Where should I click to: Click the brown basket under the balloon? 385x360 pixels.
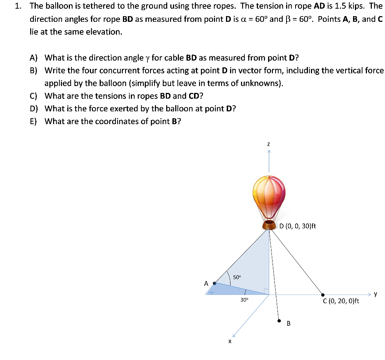click(x=269, y=225)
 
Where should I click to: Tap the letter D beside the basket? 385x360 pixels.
click(x=281, y=226)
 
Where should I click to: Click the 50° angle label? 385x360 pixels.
click(x=236, y=277)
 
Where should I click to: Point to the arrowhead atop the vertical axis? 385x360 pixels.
click(x=269, y=151)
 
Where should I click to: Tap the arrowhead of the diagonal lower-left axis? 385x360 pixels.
click(x=234, y=335)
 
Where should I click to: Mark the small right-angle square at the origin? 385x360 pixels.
click(x=267, y=291)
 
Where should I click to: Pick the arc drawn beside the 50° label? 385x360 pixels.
click(x=228, y=276)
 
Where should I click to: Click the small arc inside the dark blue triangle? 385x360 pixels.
click(x=245, y=292)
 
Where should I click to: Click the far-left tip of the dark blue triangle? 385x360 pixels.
click(x=206, y=295)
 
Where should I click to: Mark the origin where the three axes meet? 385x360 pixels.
click(x=269, y=295)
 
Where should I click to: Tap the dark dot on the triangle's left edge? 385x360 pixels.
click(x=214, y=284)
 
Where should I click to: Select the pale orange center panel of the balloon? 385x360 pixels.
click(x=268, y=196)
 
